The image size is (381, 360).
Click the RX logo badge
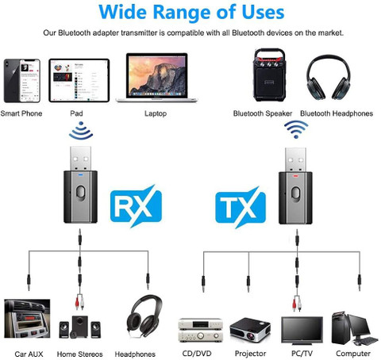coord(136,206)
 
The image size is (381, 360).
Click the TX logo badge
coord(241,208)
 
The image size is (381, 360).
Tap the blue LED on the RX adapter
coord(80,174)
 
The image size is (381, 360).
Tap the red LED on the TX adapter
coord(295,175)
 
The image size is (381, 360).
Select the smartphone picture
coord(21,81)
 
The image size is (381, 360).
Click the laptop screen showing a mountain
coord(157,75)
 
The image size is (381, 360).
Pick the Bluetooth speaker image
coord(269,75)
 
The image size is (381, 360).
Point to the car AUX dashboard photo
coord(27,319)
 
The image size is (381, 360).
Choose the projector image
coord(250,330)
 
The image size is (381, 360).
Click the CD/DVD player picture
coord(201,330)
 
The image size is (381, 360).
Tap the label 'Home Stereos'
coord(79,354)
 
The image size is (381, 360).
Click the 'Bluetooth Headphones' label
coord(337,113)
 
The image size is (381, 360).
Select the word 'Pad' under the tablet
coord(76,113)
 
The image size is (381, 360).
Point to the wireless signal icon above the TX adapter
coord(296,129)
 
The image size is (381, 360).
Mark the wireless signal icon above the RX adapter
coord(81,130)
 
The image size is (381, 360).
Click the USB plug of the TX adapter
coord(295,160)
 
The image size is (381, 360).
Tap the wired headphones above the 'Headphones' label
coord(144,316)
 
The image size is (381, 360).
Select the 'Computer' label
coord(353,354)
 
